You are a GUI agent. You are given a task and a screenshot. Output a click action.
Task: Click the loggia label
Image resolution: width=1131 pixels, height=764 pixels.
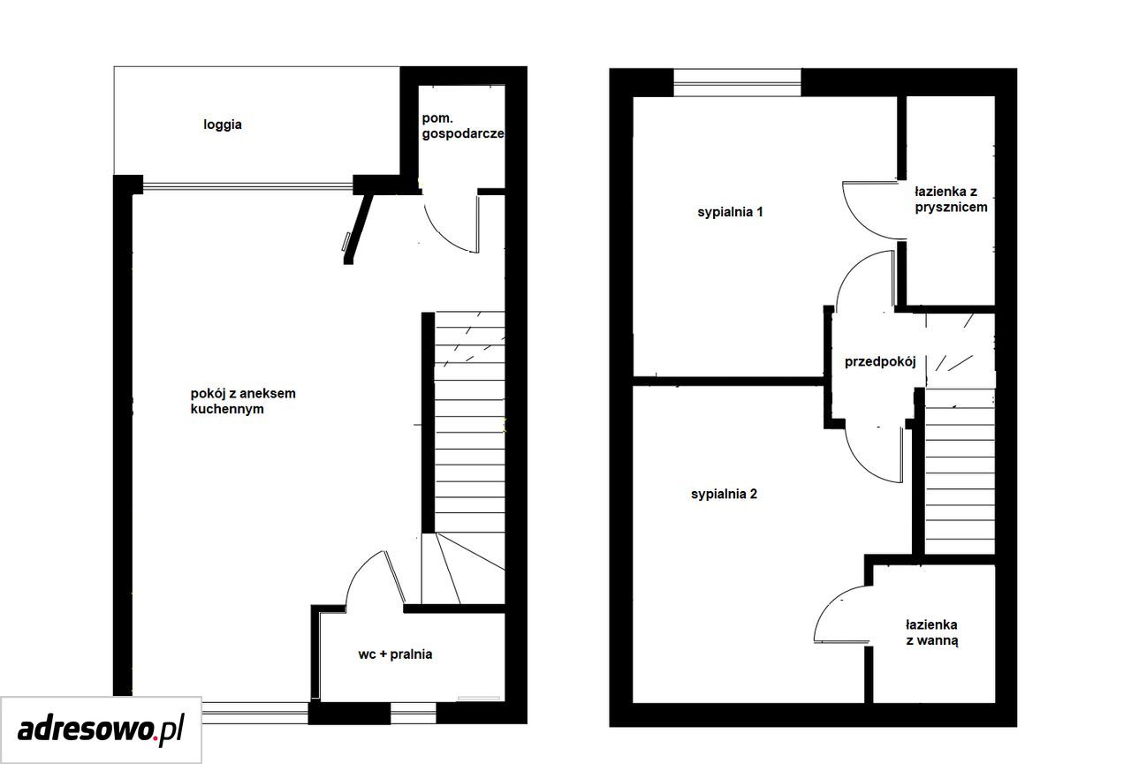click(x=223, y=125)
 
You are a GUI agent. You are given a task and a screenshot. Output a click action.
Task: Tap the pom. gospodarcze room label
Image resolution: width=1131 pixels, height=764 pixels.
click(x=463, y=125)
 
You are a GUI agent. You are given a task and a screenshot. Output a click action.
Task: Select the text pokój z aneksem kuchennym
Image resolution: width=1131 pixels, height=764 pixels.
click(x=243, y=401)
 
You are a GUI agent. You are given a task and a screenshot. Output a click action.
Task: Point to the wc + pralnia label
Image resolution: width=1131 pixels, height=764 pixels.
click(x=395, y=654)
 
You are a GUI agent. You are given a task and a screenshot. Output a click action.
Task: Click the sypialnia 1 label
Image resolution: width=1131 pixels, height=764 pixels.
click(x=730, y=212)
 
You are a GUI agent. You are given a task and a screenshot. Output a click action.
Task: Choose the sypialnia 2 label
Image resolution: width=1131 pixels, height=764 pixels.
click(x=724, y=494)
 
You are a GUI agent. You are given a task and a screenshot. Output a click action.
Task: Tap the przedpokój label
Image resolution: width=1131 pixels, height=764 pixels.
click(x=880, y=362)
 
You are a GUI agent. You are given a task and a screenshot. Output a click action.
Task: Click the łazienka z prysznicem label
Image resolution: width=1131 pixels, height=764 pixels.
click(x=951, y=200)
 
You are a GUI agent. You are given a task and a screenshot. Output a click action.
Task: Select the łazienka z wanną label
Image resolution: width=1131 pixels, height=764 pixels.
click(x=931, y=632)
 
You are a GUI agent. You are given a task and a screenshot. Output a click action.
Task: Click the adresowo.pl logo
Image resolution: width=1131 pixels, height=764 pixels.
click(x=101, y=730)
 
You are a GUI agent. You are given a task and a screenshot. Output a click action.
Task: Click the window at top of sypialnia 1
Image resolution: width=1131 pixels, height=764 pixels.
click(x=737, y=83)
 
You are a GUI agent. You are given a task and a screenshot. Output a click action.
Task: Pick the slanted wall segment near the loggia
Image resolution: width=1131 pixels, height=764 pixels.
click(x=358, y=229)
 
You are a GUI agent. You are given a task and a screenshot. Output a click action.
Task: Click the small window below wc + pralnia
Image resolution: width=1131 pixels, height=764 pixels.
click(x=413, y=713)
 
